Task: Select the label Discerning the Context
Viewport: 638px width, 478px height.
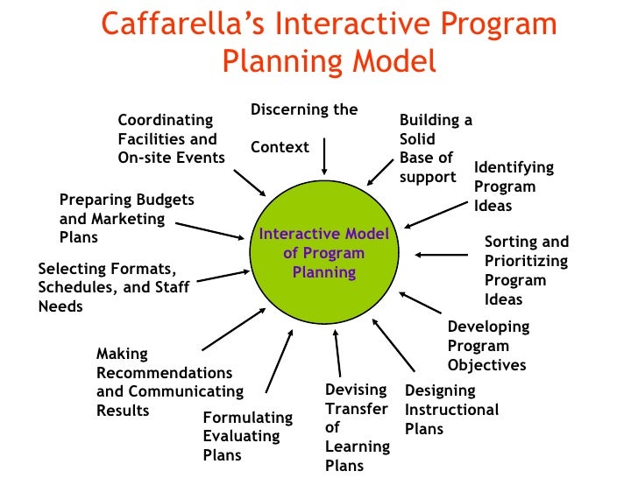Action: coord(304,128)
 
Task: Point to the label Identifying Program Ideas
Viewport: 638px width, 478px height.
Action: coord(514,186)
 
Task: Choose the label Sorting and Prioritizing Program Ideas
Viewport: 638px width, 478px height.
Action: coord(526,271)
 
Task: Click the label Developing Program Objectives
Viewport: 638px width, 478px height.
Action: coord(488,346)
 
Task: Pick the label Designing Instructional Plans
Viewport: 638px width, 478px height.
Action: coord(451,409)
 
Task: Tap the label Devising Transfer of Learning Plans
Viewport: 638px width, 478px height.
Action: coord(357,427)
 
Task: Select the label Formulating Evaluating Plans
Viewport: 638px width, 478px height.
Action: coord(235,436)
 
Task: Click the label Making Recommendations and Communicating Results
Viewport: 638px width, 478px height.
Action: coord(169,382)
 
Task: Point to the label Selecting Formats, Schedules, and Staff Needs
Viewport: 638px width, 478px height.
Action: coord(113,287)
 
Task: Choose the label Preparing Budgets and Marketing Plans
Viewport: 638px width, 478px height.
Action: coord(126,219)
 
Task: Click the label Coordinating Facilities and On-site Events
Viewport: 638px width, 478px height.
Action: coord(171,138)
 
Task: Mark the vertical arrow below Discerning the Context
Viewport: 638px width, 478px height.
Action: coord(324,158)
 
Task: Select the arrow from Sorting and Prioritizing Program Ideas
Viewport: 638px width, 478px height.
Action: coord(446,255)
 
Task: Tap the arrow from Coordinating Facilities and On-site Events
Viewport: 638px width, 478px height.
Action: coord(251,180)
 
